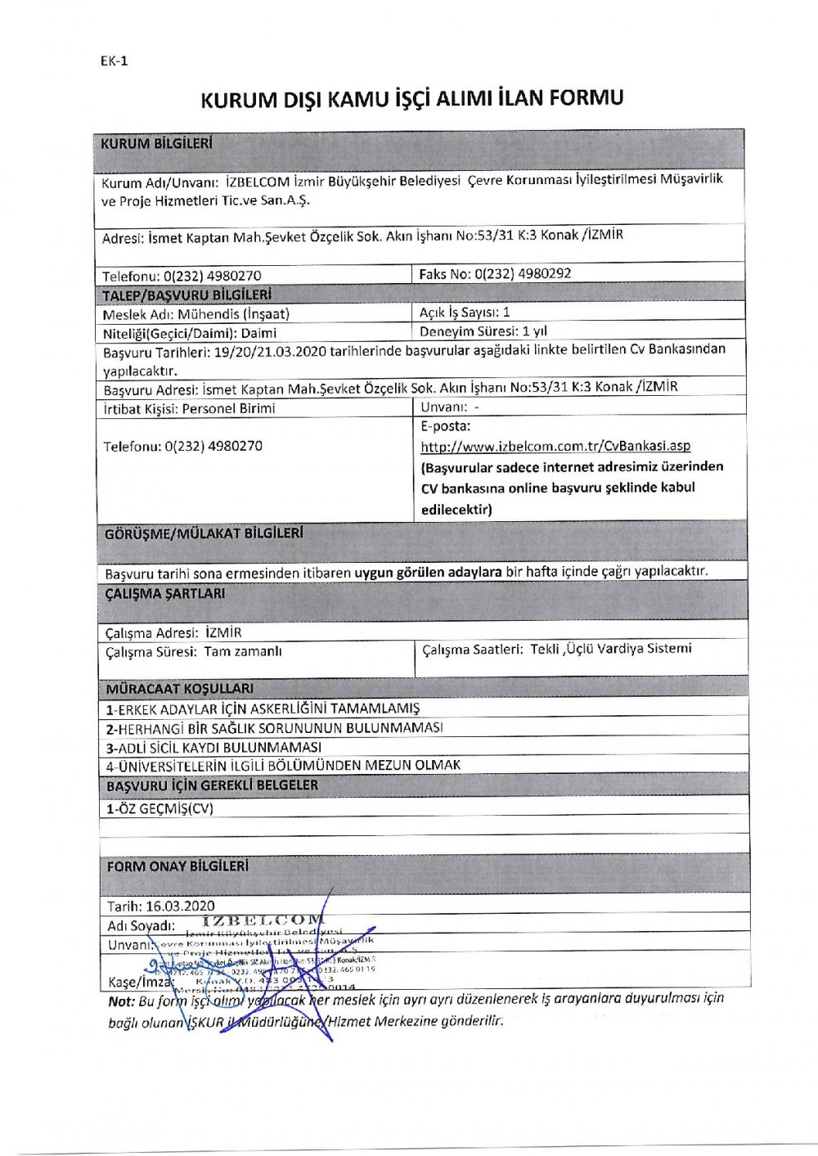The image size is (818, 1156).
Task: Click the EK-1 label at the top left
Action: pos(114,61)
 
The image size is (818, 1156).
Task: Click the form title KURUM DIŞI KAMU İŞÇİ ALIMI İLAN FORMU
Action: pos(411,99)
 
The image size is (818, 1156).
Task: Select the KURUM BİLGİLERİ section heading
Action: pos(156,144)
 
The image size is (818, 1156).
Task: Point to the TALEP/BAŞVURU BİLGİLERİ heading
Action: pos(187,295)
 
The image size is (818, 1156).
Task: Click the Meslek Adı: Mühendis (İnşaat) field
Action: pos(196,313)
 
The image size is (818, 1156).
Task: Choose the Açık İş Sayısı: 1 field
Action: pos(465,313)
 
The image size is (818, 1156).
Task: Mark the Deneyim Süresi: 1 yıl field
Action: pos(483,332)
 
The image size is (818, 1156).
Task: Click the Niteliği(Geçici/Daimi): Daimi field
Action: pos(190,333)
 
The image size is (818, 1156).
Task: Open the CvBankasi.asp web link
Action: pos(555,446)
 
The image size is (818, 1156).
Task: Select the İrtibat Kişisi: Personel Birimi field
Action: pos(189,408)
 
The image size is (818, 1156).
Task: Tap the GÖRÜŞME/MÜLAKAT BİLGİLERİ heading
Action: pos(204,534)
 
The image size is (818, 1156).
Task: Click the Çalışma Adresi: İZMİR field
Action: pos(173,632)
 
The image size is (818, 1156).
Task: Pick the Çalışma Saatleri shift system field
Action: pos(556,650)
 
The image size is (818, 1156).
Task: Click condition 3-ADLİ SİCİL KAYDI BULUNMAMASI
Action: pos(213,747)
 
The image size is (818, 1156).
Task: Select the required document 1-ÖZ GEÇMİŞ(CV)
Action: pos(160,808)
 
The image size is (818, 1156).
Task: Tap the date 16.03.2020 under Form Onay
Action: pos(161,906)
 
